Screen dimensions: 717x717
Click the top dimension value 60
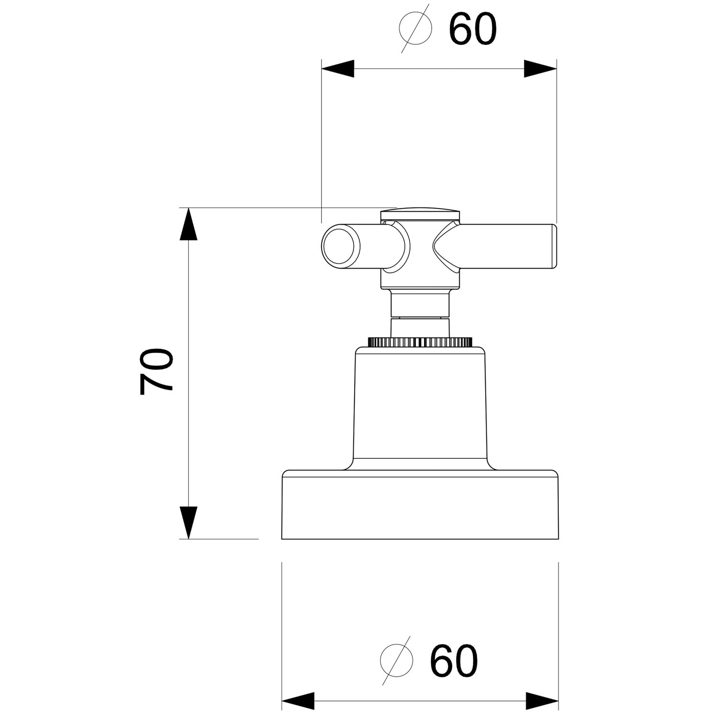click(x=473, y=29)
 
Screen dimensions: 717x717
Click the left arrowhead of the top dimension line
click(x=337, y=68)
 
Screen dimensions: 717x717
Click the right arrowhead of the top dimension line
click(x=541, y=68)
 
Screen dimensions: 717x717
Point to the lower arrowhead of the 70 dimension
click(x=189, y=522)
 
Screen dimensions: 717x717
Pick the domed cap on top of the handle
click(x=421, y=213)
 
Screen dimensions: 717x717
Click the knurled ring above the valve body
click(x=420, y=342)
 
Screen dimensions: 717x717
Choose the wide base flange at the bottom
click(x=420, y=505)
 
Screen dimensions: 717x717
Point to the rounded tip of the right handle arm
click(x=554, y=247)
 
